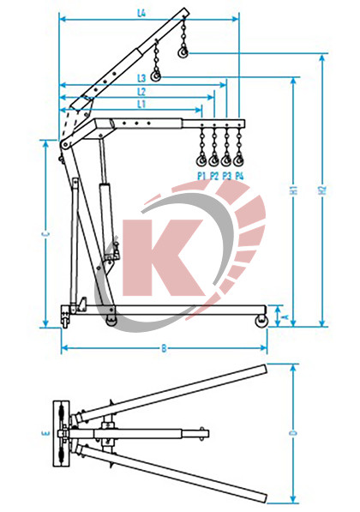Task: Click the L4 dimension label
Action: click(141, 14)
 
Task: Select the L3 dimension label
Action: click(141, 78)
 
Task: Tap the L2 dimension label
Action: click(141, 91)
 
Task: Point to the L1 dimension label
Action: click(141, 103)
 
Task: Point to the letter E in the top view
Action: click(45, 433)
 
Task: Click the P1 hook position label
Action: click(201, 175)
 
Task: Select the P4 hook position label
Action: click(239, 175)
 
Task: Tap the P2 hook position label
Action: click(213, 175)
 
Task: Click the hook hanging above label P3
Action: click(226, 160)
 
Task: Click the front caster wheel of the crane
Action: click(260, 322)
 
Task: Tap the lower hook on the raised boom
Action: click(155, 78)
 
